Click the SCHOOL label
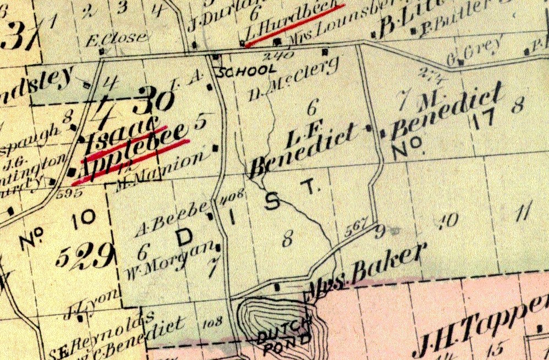point(247,71)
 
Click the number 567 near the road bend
point(356,231)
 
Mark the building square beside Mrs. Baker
point(277,287)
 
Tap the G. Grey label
point(475,49)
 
